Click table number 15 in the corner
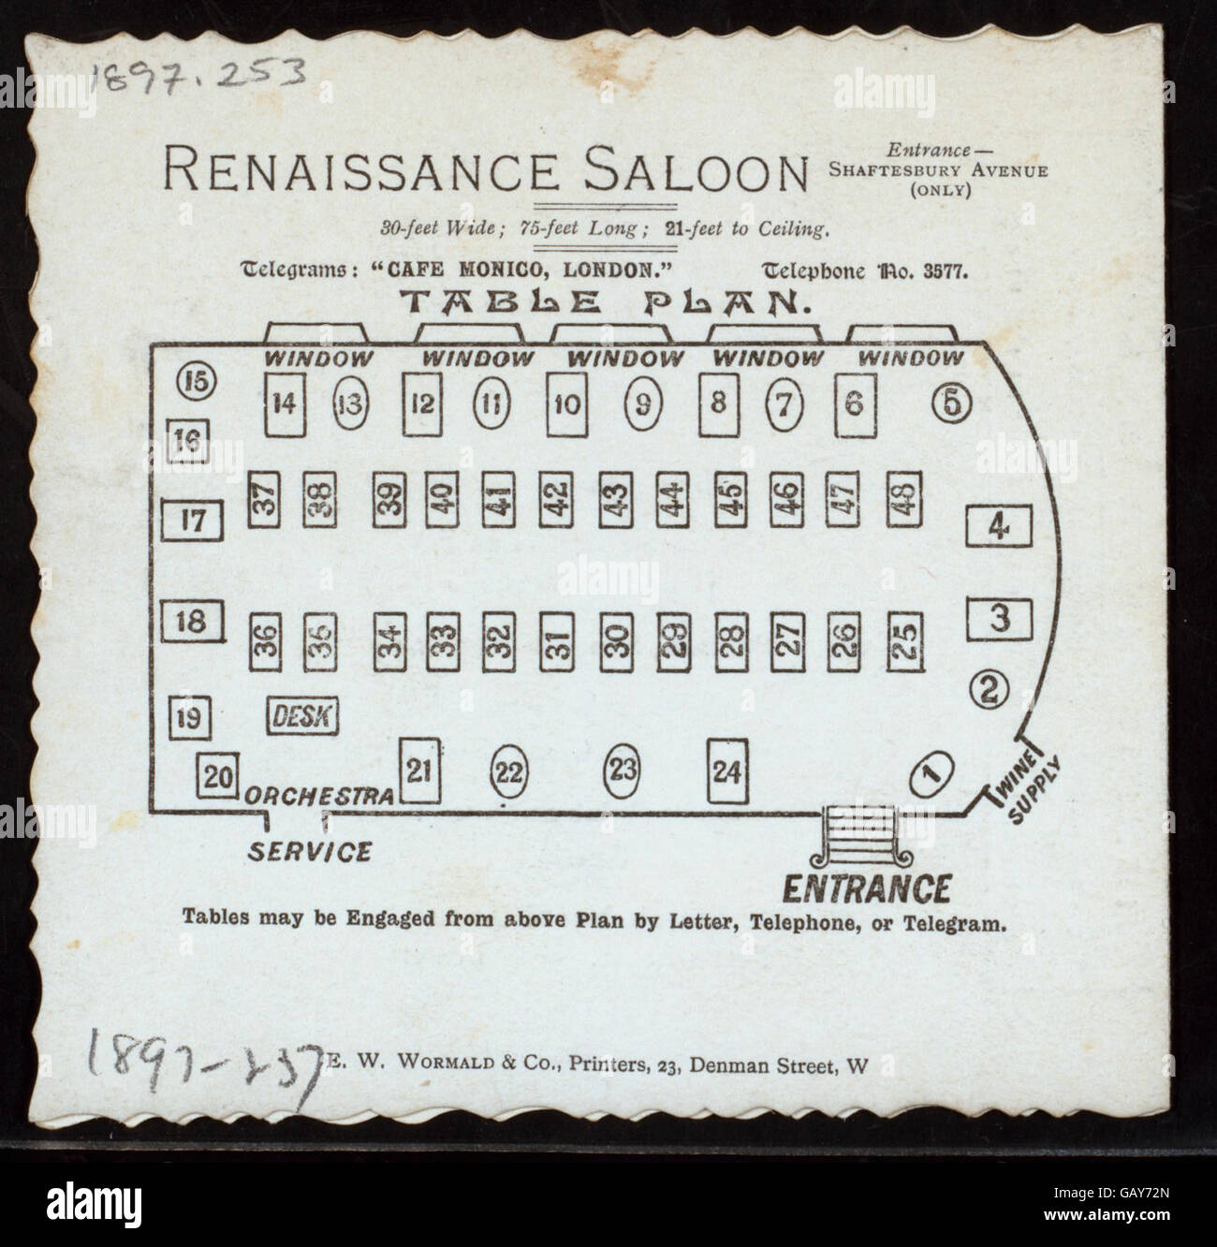click(x=198, y=381)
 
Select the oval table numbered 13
click(x=352, y=404)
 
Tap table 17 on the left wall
click(x=192, y=521)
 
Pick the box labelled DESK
click(x=303, y=716)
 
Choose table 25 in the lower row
click(x=903, y=639)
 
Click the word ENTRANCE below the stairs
click(x=866, y=887)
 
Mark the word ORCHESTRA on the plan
click(x=319, y=796)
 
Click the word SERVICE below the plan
click(x=309, y=852)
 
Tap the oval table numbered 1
click(x=931, y=772)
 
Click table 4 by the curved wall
click(x=999, y=527)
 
